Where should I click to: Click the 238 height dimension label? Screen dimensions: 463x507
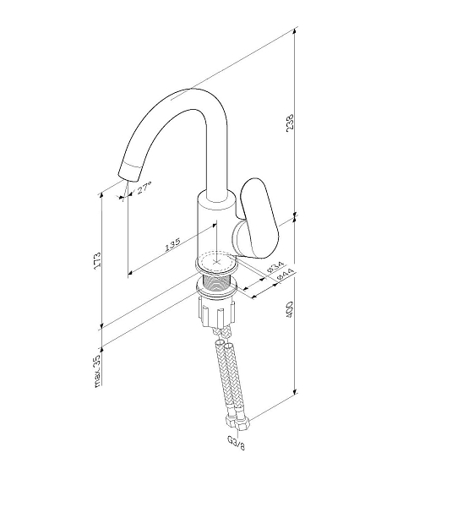pos(290,122)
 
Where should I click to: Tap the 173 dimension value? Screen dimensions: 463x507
pos(97,259)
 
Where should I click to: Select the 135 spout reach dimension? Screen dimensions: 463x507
pos(172,244)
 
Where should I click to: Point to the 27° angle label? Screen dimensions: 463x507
pos(144,188)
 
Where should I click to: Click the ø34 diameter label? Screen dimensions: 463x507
pos(275,267)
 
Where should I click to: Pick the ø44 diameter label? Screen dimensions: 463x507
pos(286,275)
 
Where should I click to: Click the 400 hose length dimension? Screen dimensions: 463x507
pos(289,309)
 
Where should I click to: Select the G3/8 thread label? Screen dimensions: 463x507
pos(237,442)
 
